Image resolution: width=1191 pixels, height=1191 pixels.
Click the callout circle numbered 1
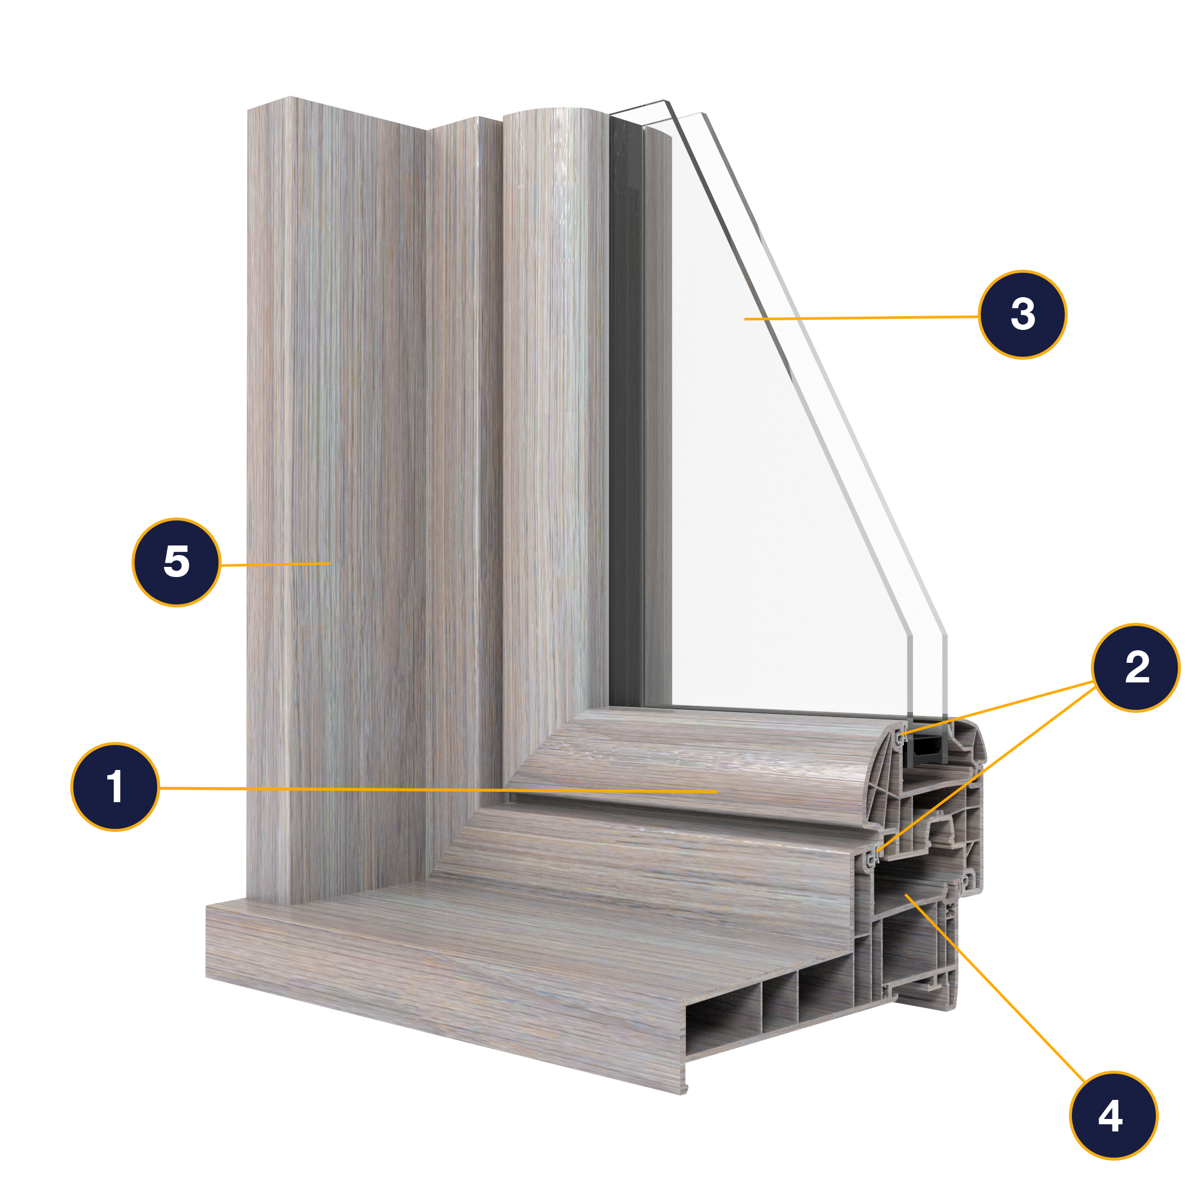coord(116,787)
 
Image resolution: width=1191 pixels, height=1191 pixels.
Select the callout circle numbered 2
coord(1136,667)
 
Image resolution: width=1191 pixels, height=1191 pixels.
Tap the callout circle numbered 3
coord(1022,314)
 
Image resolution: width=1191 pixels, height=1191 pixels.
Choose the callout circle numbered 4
coord(1114,1115)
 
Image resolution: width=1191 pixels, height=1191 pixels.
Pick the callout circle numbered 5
coord(176,562)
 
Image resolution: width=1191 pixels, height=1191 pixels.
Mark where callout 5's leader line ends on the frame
coord(331,563)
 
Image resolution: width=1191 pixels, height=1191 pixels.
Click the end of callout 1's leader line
coord(717,791)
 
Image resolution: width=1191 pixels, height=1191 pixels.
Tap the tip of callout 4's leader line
coord(905,893)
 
